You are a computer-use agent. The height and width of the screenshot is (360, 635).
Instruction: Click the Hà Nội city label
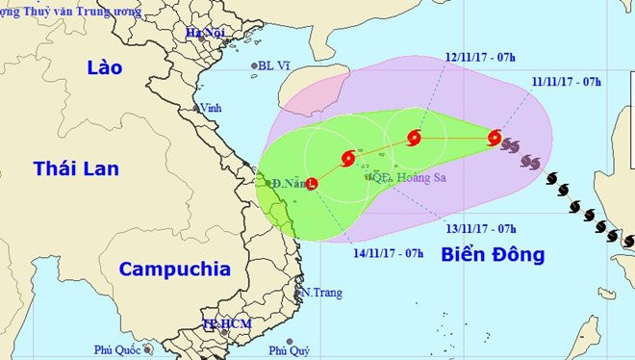tap(205, 33)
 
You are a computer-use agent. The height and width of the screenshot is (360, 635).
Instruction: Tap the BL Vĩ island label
tap(274, 66)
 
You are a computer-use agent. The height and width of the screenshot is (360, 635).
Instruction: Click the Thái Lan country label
tap(76, 169)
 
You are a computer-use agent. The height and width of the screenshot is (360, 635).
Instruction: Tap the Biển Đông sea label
tap(493, 255)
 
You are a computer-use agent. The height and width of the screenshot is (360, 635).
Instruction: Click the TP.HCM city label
tap(227, 324)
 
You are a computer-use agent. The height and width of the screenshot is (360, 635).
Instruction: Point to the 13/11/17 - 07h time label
tap(481, 228)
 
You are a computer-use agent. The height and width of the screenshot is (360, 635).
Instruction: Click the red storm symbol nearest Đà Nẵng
tap(311, 182)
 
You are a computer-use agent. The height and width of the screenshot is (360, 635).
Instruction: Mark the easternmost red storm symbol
tap(495, 138)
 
